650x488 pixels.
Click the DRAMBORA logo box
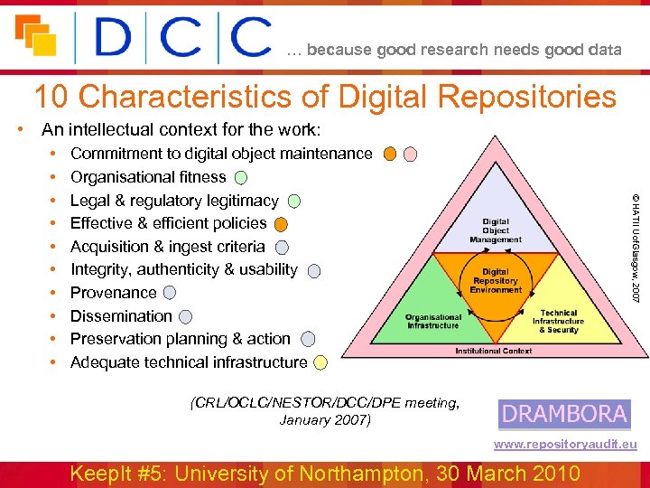click(564, 414)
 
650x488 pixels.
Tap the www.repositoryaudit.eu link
click(565, 444)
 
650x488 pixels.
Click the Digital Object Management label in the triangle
click(496, 230)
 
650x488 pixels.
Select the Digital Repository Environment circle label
click(496, 281)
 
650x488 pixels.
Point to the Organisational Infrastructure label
click(433, 321)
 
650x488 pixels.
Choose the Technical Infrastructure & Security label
click(558, 321)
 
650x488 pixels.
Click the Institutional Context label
click(493, 351)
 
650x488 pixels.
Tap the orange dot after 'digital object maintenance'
click(389, 154)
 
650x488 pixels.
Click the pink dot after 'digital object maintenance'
click(410, 154)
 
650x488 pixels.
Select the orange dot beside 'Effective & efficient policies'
click(282, 224)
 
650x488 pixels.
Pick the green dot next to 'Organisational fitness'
click(242, 178)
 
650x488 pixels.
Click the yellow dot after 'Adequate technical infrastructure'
click(321, 363)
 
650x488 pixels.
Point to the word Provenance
click(114, 293)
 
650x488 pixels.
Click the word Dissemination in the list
click(121, 316)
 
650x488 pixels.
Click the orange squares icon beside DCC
click(36, 36)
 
